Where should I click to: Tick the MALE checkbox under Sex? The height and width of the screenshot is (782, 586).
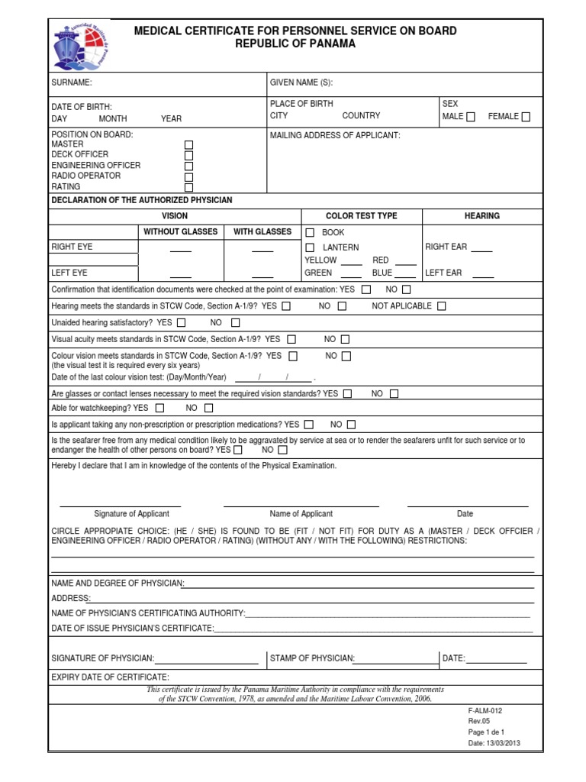[x=470, y=117]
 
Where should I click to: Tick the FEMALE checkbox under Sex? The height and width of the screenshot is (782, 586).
[x=526, y=117]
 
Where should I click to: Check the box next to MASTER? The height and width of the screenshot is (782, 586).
[x=189, y=144]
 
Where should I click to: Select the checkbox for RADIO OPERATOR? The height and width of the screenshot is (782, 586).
[x=189, y=176]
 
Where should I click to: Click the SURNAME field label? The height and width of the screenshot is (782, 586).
[x=71, y=82]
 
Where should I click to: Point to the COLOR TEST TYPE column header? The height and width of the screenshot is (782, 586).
[x=362, y=216]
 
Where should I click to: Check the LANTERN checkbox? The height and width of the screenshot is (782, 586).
[x=310, y=247]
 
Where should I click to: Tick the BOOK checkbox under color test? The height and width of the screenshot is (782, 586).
[x=310, y=232]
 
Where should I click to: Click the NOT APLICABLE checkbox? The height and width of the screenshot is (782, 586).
[x=442, y=306]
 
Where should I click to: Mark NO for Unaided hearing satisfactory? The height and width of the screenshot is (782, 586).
[x=235, y=323]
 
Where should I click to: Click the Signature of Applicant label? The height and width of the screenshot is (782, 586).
[x=131, y=514]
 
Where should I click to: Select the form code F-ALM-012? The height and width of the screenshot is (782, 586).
[x=485, y=710]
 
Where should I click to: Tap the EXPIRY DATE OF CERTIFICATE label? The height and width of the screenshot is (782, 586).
[x=110, y=677]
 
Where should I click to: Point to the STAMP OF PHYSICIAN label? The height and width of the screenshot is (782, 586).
[x=312, y=658]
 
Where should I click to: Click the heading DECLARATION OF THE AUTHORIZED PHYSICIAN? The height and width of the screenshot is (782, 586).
[x=141, y=200]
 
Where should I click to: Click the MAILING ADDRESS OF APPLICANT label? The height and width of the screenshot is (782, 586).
[x=335, y=135]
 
